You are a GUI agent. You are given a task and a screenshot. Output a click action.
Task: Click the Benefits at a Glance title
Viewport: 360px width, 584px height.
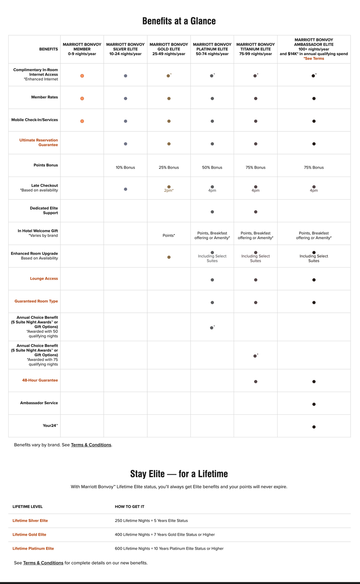pyautogui.click(x=179, y=21)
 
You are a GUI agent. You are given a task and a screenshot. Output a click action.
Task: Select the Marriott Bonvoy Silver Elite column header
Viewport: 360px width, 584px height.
pyautogui.click(x=125, y=49)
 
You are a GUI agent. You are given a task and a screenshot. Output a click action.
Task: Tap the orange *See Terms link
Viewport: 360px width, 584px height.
pyautogui.click(x=314, y=58)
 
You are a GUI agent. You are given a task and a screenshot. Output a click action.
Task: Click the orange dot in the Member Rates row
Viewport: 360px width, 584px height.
pyautogui.click(x=82, y=98)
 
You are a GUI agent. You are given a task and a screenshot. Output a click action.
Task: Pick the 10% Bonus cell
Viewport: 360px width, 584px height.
pyautogui.click(x=125, y=168)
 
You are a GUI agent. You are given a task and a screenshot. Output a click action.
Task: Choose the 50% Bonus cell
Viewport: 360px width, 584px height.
pyautogui.click(x=212, y=168)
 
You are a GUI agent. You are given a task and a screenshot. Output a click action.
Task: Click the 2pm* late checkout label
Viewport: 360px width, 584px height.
pyautogui.click(x=168, y=190)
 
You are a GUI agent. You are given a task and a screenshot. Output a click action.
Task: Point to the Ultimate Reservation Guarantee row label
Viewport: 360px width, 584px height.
pyautogui.click(x=39, y=142)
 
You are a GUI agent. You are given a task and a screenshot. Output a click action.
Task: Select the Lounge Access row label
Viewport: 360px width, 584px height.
pyautogui.click(x=44, y=278)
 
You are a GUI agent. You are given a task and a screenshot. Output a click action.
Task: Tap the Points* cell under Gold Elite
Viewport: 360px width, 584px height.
pyautogui.click(x=168, y=235)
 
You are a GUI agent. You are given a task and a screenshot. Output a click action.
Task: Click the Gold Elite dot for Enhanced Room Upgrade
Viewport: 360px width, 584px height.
pyautogui.click(x=169, y=257)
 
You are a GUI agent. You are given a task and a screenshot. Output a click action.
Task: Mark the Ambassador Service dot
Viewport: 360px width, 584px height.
pyautogui.click(x=314, y=404)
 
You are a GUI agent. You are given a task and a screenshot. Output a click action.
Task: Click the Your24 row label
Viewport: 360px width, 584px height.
pyautogui.click(x=50, y=425)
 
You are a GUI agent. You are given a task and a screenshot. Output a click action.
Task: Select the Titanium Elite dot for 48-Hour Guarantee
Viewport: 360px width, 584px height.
pyautogui.click(x=256, y=382)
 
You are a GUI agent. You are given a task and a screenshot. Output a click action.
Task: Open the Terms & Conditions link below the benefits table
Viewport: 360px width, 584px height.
pyautogui.click(x=91, y=445)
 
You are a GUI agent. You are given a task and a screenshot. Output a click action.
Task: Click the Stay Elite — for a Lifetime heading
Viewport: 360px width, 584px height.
pyautogui.click(x=179, y=473)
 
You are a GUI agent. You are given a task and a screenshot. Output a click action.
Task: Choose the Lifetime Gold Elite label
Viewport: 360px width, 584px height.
pyautogui.click(x=29, y=535)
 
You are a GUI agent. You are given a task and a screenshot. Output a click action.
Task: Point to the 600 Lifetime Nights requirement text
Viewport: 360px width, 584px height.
pyautogui.click(x=169, y=549)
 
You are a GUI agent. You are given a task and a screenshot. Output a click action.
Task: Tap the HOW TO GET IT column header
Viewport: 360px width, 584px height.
pyautogui.click(x=130, y=507)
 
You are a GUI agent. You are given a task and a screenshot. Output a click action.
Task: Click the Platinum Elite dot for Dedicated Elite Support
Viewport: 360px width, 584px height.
pyautogui.click(x=212, y=212)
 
